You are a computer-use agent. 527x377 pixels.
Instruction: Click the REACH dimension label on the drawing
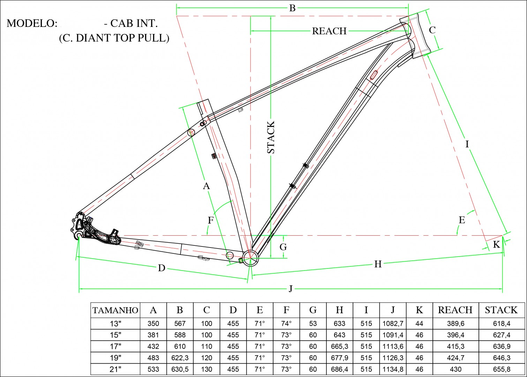pos(329,31)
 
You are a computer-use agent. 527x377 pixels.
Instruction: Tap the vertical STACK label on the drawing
pos(271,137)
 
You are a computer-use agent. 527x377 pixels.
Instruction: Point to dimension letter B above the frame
pos(292,8)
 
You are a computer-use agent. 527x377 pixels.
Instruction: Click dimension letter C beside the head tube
pos(432,30)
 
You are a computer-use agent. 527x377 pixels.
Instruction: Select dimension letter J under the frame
pos(291,289)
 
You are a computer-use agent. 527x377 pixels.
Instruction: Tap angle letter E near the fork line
pos(462,220)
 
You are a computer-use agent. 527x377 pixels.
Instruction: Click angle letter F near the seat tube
pos(211,220)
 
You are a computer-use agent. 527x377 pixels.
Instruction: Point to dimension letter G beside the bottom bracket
pos(283,247)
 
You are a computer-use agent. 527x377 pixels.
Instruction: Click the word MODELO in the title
pos(32,23)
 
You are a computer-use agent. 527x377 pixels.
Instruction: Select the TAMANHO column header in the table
pos(115,310)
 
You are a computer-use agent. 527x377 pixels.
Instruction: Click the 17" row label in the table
pos(115,346)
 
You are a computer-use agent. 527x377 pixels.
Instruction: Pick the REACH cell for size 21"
pos(455,369)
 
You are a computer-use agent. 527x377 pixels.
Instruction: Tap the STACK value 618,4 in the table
pos(501,324)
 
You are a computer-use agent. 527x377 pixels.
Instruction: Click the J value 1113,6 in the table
pos(393,346)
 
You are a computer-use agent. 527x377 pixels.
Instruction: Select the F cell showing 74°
pos(286,324)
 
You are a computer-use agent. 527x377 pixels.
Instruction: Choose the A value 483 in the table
pos(153,358)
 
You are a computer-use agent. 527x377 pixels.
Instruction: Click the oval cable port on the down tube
pos(374,75)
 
